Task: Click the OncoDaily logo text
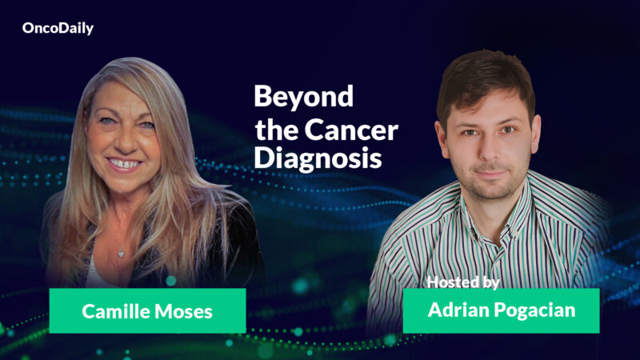click(58, 28)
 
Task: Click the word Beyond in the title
click(303, 97)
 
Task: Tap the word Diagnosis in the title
click(318, 157)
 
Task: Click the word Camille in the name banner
click(118, 310)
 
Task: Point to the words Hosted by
click(463, 282)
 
